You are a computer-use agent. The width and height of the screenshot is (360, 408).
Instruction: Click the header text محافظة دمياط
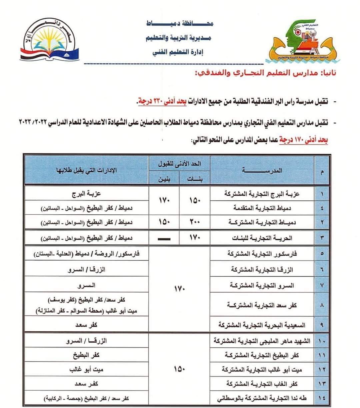pyautogui.click(x=180, y=24)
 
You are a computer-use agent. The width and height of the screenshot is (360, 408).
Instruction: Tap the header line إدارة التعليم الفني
pyautogui.click(x=177, y=52)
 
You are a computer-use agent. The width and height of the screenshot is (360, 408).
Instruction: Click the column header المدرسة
pyautogui.click(x=263, y=171)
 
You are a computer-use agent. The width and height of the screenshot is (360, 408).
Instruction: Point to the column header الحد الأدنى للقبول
pyautogui.click(x=179, y=164)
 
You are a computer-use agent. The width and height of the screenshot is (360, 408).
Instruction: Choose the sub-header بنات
pyautogui.click(x=195, y=179)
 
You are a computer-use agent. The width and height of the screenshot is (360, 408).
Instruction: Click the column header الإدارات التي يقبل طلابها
pyautogui.click(x=87, y=171)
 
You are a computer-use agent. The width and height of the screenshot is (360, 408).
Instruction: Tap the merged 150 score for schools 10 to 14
pyautogui.click(x=179, y=369)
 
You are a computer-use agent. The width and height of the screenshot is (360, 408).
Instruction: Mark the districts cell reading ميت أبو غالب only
pyautogui.click(x=87, y=370)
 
